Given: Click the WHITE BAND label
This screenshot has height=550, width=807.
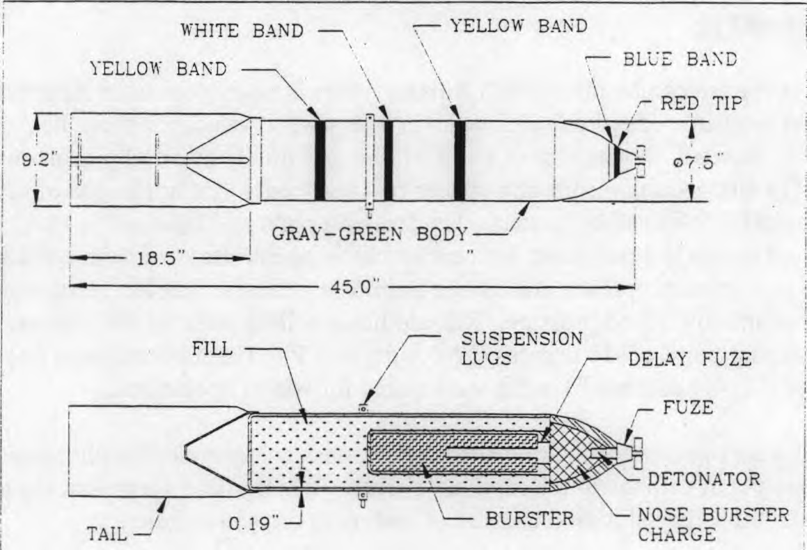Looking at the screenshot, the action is tap(242, 31).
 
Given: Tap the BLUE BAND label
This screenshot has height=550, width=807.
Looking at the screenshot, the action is tap(680, 59).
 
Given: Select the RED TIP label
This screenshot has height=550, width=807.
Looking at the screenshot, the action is tap(701, 103).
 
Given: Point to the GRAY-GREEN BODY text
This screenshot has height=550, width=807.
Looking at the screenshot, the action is tap(370, 234).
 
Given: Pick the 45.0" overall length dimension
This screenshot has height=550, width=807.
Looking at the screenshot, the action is tap(354, 286).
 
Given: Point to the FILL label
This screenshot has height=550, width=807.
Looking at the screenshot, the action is tap(212, 349).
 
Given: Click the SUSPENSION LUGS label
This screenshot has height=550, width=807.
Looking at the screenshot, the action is tap(522, 348).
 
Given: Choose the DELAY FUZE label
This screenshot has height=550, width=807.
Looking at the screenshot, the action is tap(689, 359).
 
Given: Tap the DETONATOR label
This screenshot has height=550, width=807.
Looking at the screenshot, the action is tap(703, 478).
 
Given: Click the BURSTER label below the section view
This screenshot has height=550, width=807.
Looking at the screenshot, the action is tap(530, 518).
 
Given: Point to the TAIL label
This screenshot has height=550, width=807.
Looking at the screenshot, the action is tap(107, 533).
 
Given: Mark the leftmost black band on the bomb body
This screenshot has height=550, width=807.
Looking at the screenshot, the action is tap(320, 160).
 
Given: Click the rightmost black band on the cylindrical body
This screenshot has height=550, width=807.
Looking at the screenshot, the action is tap(460, 160).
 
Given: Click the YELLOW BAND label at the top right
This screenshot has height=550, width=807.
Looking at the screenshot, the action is tap(519, 26).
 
